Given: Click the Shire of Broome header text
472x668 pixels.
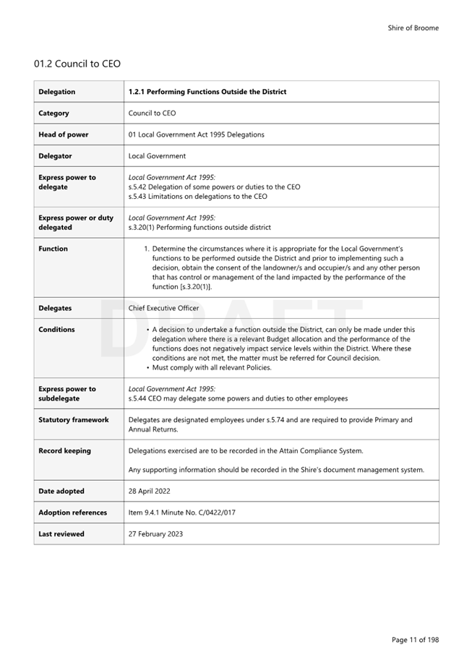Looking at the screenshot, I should pos(413,28).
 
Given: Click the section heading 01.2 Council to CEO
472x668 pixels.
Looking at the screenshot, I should pos(77,64).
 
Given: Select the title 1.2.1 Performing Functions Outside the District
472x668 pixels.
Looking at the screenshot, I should pos(207,92).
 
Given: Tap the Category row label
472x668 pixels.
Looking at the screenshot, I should pos(54,114).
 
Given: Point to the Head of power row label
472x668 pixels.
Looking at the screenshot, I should pos(64,134).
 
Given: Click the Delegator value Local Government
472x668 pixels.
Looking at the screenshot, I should pos(157,156).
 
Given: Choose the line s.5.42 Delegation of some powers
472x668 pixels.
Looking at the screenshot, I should pos(214,187).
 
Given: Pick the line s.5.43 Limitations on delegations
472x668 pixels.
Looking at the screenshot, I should pos(197,196).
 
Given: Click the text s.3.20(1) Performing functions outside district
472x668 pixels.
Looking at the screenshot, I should pos(199,227).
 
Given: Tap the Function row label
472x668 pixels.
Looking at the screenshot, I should pos(53,249).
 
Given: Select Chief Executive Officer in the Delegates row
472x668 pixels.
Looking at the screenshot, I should pos(163,308).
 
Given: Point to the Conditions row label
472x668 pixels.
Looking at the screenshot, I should pos(56,330).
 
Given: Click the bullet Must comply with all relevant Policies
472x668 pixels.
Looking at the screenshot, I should pos(212,367).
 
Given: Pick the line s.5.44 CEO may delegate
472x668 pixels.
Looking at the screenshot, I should pos(238,398).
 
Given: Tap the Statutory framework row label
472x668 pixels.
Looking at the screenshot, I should pos(74,420).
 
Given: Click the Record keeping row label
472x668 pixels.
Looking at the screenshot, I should pos(65,451).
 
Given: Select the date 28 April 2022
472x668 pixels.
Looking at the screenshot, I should pos(150,492).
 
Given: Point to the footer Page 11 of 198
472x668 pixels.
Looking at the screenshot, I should pos(415,640).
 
